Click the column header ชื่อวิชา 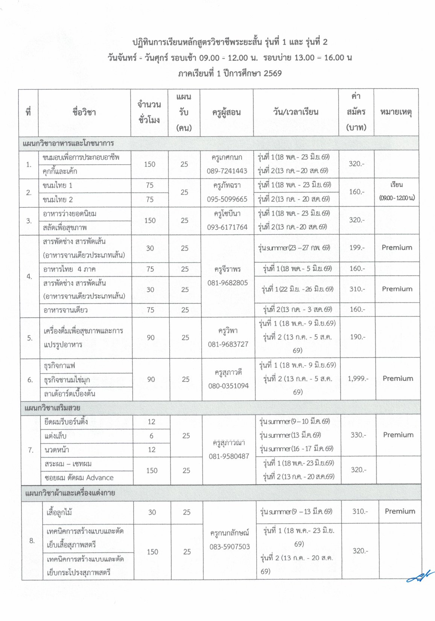[84, 112]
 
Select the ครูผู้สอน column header [226, 112]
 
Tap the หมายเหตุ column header [396, 112]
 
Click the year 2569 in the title [273, 73]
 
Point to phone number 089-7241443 [227, 171]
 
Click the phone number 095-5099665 [227, 199]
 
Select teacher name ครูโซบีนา [227, 214]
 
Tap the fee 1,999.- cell [358, 378]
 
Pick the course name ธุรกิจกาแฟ [59, 366]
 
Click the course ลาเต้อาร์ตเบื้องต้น [69, 394]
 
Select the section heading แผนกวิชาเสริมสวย [52, 408]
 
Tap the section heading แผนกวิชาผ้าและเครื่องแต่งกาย [70, 493]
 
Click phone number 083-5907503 [230, 547]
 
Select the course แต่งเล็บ [55, 436]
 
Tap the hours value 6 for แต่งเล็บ [151, 436]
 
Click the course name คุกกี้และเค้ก [60, 171]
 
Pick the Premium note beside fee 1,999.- [398, 378]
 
